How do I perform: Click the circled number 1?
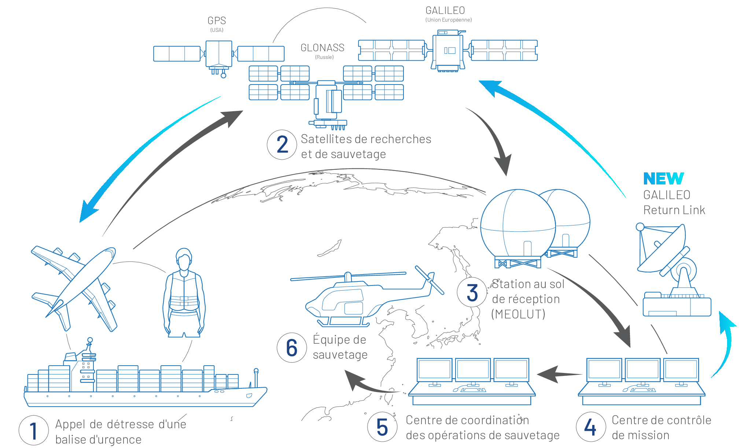point(34,430)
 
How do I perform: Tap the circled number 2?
point(282,145)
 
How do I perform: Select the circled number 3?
point(472,293)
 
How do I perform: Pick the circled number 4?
point(591,427)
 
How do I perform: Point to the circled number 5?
point(382,427)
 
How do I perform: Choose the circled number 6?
point(292,347)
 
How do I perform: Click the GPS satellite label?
point(217,21)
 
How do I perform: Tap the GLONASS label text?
point(322,48)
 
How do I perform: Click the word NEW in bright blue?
point(663,179)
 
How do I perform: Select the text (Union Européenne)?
point(448,20)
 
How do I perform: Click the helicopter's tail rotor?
point(430,280)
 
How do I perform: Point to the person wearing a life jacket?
point(184,293)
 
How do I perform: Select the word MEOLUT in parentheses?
point(518,314)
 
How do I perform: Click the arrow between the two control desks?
point(559,374)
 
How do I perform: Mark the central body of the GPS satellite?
point(219,53)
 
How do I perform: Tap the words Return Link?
point(674,210)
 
